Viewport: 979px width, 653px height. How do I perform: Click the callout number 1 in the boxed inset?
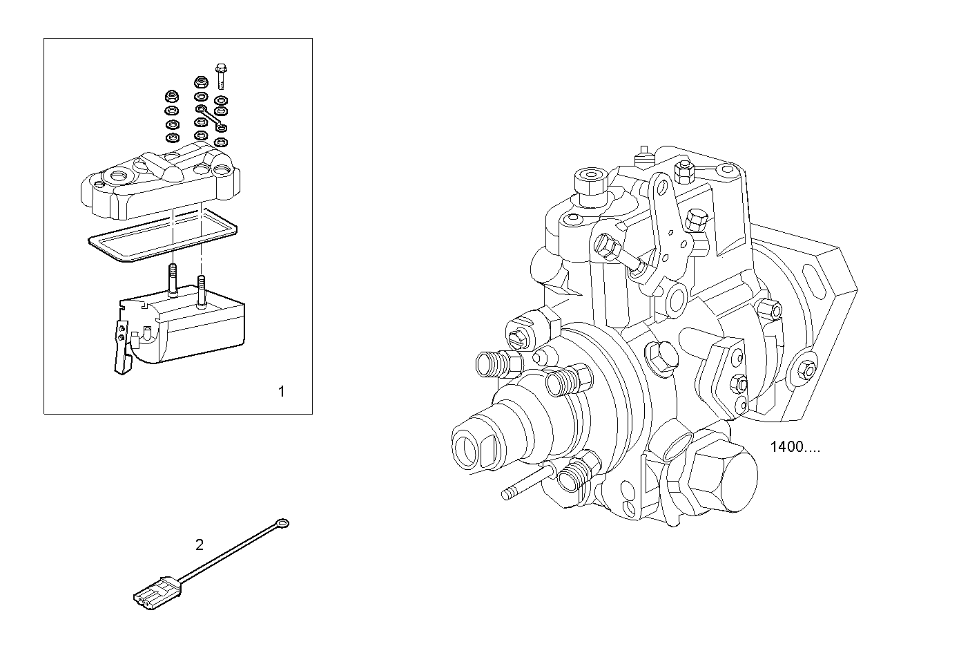(281, 392)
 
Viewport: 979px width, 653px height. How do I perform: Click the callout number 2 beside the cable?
(200, 545)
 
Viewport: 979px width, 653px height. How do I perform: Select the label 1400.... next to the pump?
(795, 447)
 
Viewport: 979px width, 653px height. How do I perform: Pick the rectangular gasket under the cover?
(162, 237)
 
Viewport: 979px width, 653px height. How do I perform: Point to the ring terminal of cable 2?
(282, 524)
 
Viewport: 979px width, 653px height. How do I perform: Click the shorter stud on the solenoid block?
(201, 290)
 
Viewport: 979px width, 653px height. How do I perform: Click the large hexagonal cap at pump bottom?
(722, 477)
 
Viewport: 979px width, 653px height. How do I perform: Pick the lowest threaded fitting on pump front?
(576, 474)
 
